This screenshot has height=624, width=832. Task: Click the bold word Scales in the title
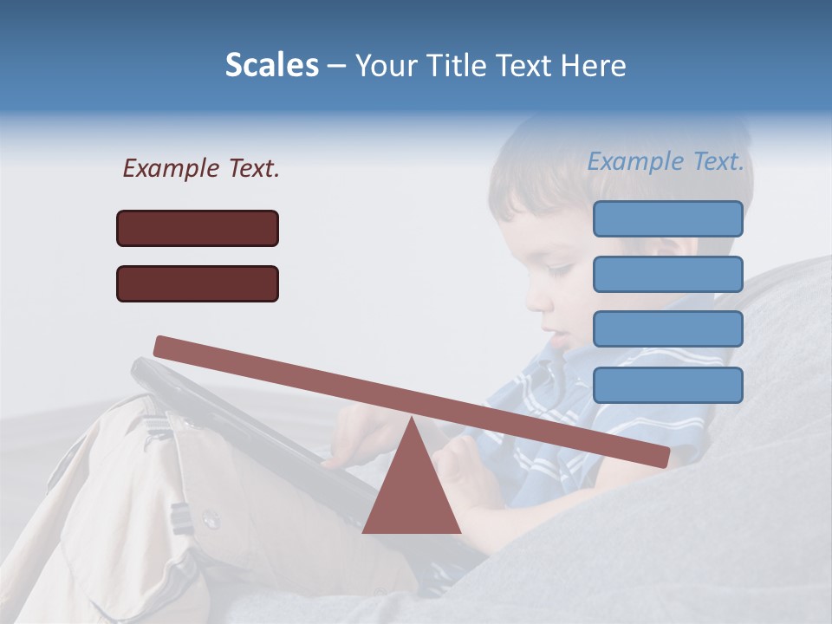pyautogui.click(x=271, y=66)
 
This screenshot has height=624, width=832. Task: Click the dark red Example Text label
pyautogui.click(x=201, y=168)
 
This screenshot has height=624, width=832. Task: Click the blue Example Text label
pyautogui.click(x=666, y=161)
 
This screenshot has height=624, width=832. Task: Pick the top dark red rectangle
pyautogui.click(x=198, y=228)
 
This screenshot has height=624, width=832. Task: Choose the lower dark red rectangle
pyautogui.click(x=198, y=283)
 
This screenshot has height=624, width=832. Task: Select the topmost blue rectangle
pyautogui.click(x=667, y=218)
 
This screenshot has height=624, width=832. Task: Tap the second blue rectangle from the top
pyautogui.click(x=667, y=274)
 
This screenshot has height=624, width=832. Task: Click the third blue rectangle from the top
pyautogui.click(x=667, y=329)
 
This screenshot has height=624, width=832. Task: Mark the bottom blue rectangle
pyautogui.click(x=667, y=385)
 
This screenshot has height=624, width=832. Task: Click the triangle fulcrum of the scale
pyautogui.click(x=411, y=490)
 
